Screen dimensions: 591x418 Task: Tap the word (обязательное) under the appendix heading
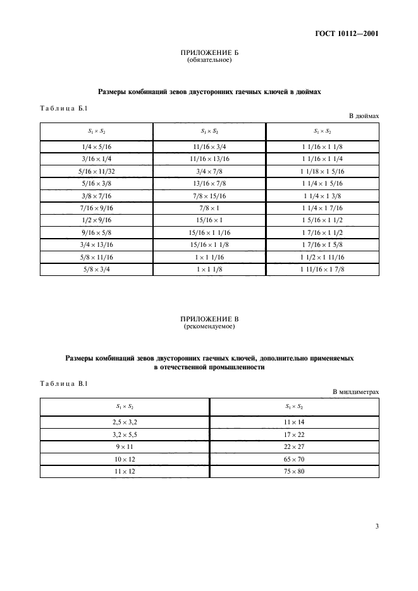point(209,61)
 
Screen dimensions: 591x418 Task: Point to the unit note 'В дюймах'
point(364,117)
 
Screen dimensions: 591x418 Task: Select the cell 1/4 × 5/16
point(97,146)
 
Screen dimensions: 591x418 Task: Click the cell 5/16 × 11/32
point(97,171)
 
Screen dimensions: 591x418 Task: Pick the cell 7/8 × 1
point(209,208)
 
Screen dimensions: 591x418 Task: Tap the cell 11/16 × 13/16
point(209,158)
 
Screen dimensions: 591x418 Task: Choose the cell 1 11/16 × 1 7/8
point(323,270)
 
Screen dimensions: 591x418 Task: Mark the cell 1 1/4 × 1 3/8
point(323,196)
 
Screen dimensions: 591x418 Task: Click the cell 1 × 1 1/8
point(209,270)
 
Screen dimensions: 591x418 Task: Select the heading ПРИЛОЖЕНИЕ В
point(209,320)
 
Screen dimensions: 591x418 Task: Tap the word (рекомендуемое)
point(209,327)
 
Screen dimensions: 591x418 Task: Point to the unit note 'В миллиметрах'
point(356,392)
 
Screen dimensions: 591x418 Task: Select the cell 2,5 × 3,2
point(125,421)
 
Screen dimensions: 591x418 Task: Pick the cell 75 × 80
point(295,470)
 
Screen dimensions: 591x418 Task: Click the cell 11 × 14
point(295,421)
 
